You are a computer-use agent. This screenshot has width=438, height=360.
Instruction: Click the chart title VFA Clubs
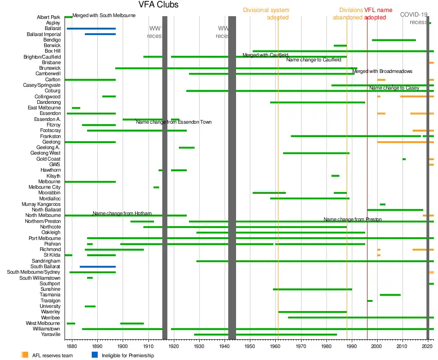[x=158, y=5]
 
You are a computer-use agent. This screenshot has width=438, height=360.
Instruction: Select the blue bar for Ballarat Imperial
[x=100, y=34]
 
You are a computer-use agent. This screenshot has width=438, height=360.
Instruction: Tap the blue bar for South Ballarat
[x=97, y=267]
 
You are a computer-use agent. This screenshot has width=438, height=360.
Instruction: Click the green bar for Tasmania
[x=390, y=295]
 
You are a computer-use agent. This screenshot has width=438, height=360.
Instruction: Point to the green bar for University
[x=90, y=306]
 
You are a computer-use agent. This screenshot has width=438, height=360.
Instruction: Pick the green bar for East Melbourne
[x=76, y=108]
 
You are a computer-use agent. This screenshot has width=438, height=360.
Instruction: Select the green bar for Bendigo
[x=394, y=40]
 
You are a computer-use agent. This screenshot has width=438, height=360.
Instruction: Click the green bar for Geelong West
[x=316, y=153]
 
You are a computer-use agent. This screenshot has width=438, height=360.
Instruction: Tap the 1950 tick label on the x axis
[x=250, y=345]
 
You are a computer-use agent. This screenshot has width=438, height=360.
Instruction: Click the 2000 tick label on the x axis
[x=377, y=345]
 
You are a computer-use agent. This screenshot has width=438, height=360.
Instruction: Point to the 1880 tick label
[x=72, y=345]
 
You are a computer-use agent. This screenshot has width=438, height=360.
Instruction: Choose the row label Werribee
[x=51, y=318]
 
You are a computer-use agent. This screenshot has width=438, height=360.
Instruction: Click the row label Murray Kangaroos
[x=41, y=204]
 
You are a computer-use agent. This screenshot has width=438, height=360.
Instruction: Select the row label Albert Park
[x=48, y=18]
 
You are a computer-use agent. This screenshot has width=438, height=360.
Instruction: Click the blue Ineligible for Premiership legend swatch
[x=95, y=355]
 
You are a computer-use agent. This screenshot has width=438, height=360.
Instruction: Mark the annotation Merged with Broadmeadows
[x=382, y=71]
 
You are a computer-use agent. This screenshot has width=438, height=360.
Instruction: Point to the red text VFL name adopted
[x=381, y=13]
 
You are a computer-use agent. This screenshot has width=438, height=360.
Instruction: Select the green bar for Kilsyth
[x=335, y=176]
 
